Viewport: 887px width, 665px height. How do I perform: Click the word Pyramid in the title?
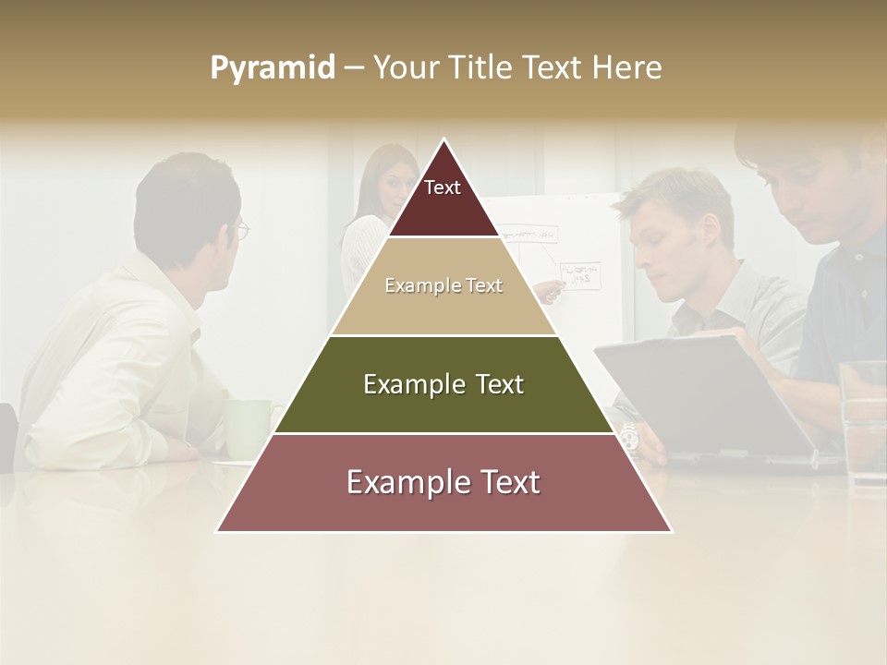coord(272,68)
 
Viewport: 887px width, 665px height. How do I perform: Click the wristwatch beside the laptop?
coord(628,434)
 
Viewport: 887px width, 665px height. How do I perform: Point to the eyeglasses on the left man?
coord(241,229)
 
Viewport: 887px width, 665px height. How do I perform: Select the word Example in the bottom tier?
coord(401,483)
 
